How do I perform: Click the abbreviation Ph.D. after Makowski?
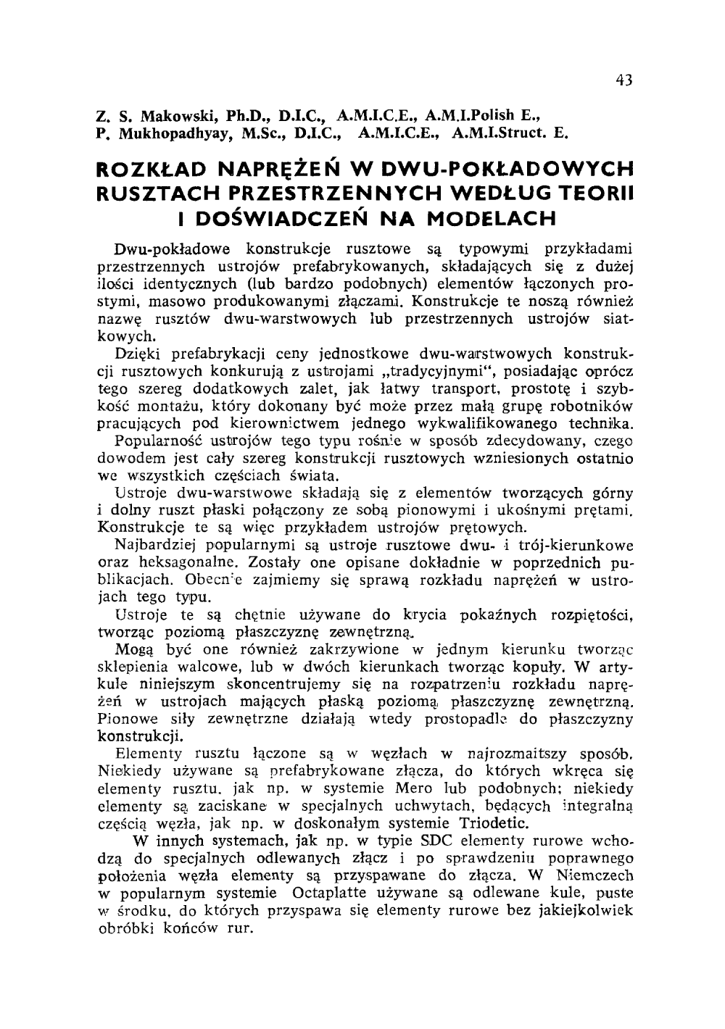click(246, 116)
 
